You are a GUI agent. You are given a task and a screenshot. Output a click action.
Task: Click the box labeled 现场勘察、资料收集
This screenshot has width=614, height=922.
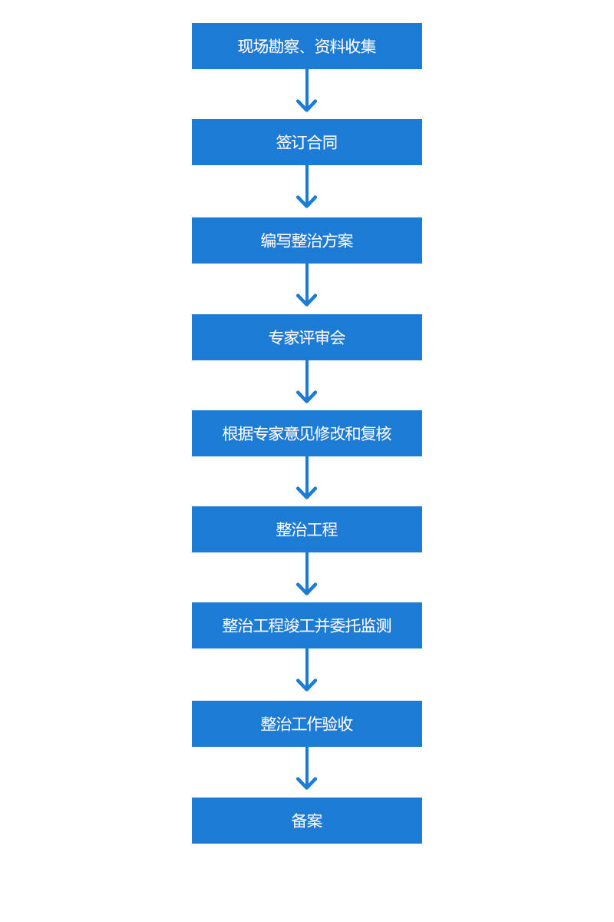point(307,46)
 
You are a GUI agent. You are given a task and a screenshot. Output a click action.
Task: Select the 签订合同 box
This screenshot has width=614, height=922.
point(307,142)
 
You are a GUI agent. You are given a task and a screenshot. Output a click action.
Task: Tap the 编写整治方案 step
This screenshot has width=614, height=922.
point(307,240)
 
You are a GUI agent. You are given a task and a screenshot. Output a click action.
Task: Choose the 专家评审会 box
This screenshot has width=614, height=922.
point(307,337)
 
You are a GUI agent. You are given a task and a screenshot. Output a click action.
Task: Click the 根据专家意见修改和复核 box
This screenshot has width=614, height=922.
point(307,433)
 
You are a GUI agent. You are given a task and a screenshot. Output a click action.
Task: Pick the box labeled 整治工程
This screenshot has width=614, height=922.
point(307,529)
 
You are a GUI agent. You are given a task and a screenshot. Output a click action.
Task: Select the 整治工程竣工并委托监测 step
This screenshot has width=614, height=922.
point(307,625)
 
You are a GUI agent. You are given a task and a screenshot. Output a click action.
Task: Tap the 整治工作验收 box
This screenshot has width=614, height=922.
point(307,724)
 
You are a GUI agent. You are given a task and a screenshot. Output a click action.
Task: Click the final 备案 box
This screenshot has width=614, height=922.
point(307,821)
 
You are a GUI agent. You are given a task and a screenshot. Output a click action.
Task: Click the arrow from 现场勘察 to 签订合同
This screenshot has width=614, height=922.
point(307,92)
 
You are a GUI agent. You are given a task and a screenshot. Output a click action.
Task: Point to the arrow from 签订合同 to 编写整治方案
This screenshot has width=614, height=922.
point(307,189)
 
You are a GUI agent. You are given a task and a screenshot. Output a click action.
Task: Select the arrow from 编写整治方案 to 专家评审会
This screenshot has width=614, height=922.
point(307,287)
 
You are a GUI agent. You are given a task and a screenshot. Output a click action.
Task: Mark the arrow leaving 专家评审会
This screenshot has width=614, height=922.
point(307,383)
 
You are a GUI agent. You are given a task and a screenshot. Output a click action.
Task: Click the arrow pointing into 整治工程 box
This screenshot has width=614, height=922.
point(307,479)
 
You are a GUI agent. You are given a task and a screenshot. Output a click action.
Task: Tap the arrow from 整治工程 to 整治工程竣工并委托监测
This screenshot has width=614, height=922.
point(307,575)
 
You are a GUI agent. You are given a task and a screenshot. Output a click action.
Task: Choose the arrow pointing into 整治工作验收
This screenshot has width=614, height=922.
point(307,672)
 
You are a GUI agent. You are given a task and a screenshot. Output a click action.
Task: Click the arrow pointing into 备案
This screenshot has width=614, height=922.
point(307,770)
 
